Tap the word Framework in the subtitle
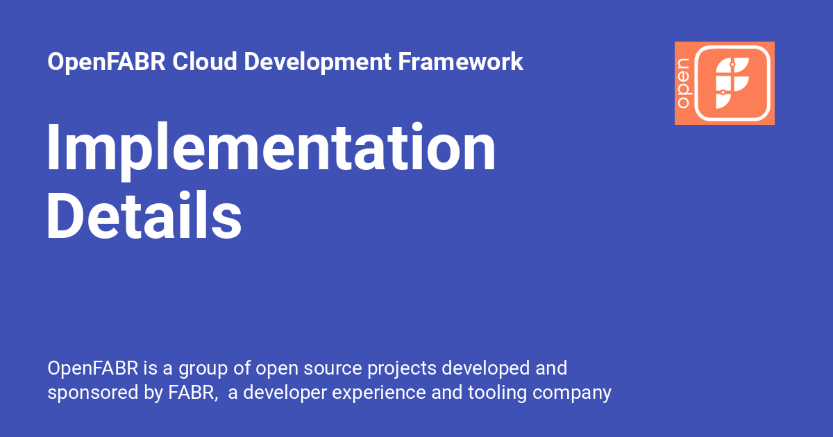[x=460, y=62]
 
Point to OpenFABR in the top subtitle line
[x=107, y=62]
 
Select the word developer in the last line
[x=285, y=393]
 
